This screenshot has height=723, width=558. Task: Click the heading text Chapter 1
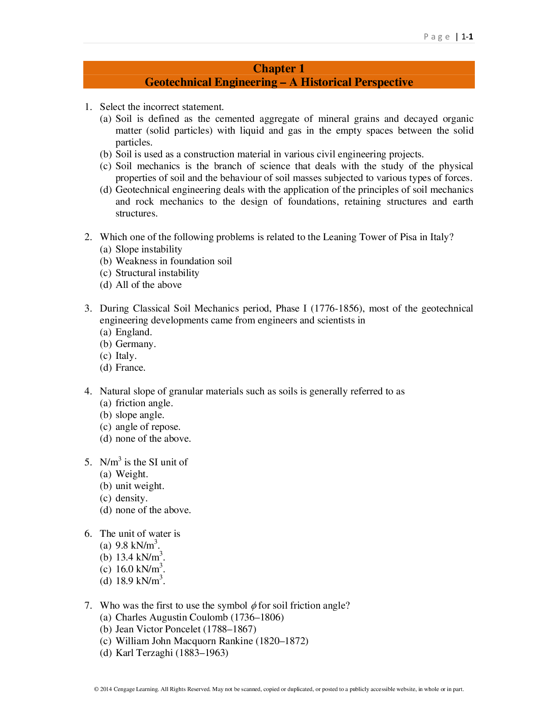[x=279, y=68]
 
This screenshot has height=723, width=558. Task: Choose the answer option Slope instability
[x=148, y=249]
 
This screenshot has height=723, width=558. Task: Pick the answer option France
[x=130, y=368]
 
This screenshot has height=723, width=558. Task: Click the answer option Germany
[x=135, y=344]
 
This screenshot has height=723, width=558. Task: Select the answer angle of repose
[x=148, y=427]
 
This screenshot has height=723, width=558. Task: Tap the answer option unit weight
[x=140, y=486]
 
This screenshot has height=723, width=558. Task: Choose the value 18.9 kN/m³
[x=140, y=581]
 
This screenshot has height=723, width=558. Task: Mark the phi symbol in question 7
[x=253, y=606]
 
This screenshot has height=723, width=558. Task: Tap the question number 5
[x=88, y=462]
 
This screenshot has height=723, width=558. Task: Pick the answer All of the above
[x=148, y=285]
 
